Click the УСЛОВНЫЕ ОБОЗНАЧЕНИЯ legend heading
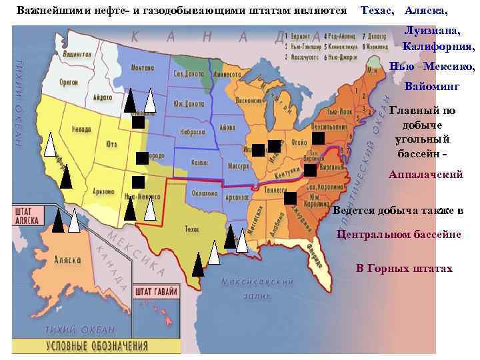(97, 345)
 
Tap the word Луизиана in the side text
(434, 32)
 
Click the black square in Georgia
(290, 197)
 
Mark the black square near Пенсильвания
(318, 138)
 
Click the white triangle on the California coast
(51, 145)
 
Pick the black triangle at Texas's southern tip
(198, 265)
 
